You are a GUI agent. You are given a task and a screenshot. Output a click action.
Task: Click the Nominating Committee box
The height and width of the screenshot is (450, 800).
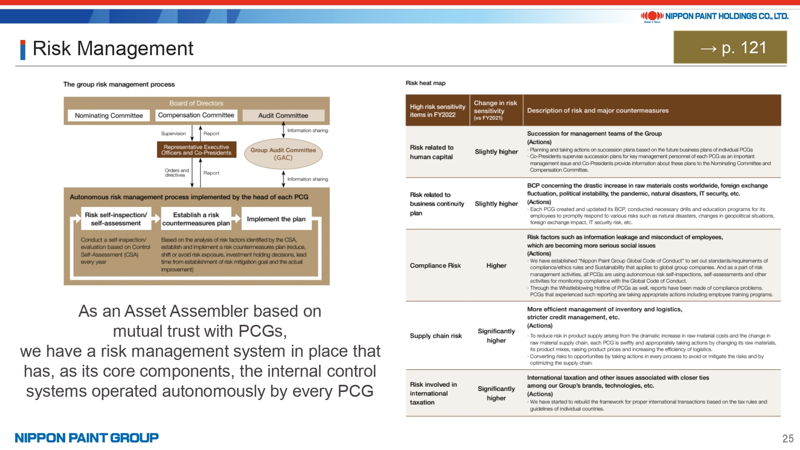click(x=109, y=116)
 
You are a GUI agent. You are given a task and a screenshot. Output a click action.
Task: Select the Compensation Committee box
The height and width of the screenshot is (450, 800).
click(x=196, y=115)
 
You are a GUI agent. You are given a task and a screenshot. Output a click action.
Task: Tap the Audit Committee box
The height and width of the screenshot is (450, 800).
click(x=283, y=116)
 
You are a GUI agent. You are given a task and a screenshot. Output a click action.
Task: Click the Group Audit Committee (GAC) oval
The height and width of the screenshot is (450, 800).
click(x=283, y=154)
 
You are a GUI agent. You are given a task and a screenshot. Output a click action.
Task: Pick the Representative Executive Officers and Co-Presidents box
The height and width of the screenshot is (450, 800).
click(x=196, y=150)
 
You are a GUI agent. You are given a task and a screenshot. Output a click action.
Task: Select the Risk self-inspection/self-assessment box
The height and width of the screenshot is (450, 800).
click(x=116, y=219)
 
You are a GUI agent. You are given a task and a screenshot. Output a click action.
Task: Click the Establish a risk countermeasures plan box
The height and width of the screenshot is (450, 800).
click(x=196, y=219)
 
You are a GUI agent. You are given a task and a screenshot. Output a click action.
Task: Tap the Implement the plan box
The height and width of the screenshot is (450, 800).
click(x=276, y=219)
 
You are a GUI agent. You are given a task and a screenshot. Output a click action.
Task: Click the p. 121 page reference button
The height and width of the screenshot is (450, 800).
click(x=730, y=48)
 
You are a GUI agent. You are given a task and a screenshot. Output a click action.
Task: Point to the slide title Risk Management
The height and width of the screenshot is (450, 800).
click(x=113, y=48)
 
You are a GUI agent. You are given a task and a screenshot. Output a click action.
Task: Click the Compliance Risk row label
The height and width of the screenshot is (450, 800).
click(x=435, y=266)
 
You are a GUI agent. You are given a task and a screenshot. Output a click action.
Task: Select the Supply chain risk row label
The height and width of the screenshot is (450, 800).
click(x=436, y=336)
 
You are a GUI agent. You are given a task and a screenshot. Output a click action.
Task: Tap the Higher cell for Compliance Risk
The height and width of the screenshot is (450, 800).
click(x=496, y=266)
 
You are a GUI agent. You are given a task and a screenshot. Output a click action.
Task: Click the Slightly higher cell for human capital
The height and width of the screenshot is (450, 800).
click(x=496, y=152)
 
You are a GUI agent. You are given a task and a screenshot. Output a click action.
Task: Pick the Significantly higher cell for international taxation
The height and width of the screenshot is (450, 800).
click(x=496, y=393)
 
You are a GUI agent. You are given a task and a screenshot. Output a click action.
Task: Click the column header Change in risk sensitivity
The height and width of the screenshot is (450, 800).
click(x=495, y=110)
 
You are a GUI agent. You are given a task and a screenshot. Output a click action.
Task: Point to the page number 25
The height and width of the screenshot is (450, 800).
click(x=788, y=438)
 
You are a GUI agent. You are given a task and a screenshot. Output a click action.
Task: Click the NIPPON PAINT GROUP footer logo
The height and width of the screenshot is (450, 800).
click(x=86, y=438)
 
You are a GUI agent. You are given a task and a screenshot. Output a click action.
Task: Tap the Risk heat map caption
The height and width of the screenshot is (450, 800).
click(x=425, y=83)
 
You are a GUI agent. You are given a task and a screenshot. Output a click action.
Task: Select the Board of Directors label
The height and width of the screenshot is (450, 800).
click(x=196, y=103)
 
